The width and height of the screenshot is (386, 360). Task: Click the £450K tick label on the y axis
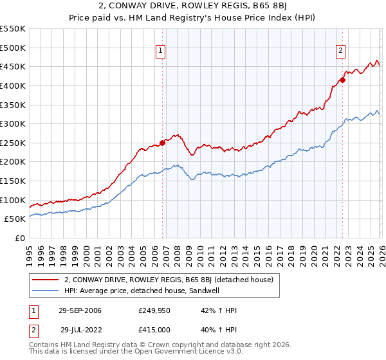pos(13,66)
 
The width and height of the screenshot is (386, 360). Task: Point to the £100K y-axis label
pos(13,200)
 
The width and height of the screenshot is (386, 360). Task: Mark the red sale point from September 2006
pos(162,143)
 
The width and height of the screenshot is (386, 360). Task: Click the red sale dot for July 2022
pos(343,80)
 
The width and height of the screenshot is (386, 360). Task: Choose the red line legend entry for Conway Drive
pos(169,280)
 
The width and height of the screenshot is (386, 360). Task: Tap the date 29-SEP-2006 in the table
pos(79,311)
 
